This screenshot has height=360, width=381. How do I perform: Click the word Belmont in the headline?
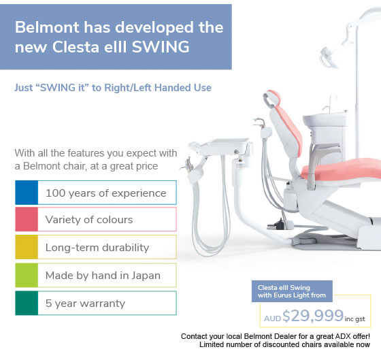click(47, 27)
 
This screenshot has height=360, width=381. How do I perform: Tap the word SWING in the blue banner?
click(161, 47)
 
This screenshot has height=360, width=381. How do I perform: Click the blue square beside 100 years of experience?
click(27, 193)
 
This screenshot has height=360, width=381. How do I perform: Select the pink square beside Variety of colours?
click(27, 219)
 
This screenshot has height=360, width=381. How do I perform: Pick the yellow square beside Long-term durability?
click(27, 247)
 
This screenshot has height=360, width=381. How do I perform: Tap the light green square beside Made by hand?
click(27, 275)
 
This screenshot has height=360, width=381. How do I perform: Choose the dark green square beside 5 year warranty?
click(27, 303)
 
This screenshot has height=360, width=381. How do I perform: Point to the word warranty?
click(103, 304)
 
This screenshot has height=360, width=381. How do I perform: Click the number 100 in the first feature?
click(55, 193)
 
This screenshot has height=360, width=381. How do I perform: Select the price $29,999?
click(313, 316)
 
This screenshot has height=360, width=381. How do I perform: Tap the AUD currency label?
click(272, 318)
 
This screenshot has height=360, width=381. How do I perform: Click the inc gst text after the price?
click(354, 319)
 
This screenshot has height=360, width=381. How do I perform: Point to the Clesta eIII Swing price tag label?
click(292, 291)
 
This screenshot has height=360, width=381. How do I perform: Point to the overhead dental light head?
click(328, 58)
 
